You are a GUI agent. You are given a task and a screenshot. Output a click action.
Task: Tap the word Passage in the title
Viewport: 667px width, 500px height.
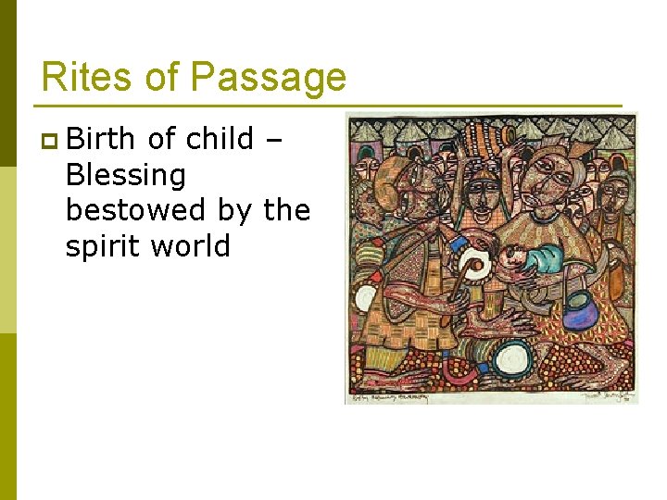pyautogui.click(x=268, y=78)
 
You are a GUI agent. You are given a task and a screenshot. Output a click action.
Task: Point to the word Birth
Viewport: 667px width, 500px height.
pyautogui.click(x=103, y=139)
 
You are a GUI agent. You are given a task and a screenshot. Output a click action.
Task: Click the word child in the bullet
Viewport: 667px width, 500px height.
pyautogui.click(x=220, y=139)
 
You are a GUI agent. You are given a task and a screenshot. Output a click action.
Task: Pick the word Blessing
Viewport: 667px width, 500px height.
pyautogui.click(x=126, y=175)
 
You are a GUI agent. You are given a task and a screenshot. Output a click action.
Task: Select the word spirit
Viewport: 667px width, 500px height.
pyautogui.click(x=102, y=247)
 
